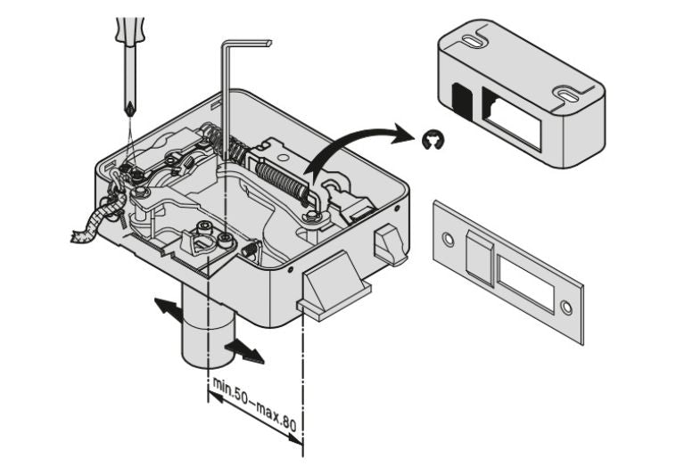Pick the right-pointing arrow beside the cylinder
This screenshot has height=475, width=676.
[x=244, y=351]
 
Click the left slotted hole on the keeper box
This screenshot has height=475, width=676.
[x=473, y=41]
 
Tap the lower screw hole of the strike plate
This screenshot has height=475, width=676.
[x=565, y=307]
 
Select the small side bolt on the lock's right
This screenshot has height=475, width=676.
[x=391, y=242]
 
